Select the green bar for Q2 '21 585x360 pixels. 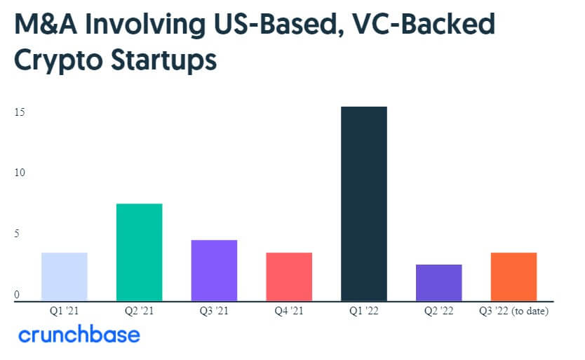pyautogui.click(x=139, y=252)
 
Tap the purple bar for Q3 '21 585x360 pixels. pyautogui.click(x=214, y=270)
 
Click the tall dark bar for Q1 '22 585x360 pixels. pyautogui.click(x=363, y=204)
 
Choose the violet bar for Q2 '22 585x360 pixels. pyautogui.click(x=438, y=282)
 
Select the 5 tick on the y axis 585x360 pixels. pyautogui.click(x=17, y=234)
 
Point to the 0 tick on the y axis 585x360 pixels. pyautogui.click(x=17, y=295)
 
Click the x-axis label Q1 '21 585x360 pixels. pyautogui.click(x=64, y=310)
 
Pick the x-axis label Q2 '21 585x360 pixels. pyautogui.click(x=139, y=310)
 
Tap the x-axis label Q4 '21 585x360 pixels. pyautogui.click(x=288, y=310)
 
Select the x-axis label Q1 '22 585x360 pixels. pyautogui.click(x=363, y=310)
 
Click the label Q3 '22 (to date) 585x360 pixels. pyautogui.click(x=513, y=310)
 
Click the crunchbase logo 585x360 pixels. pyautogui.click(x=79, y=335)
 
